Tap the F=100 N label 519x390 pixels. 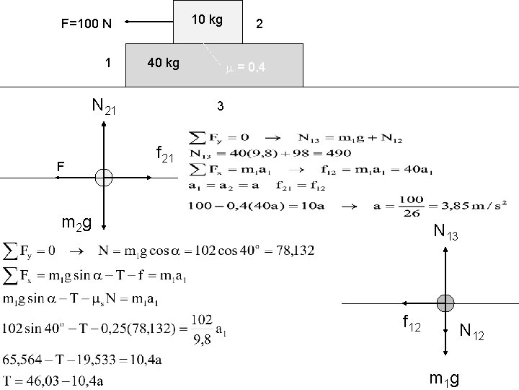click(x=86, y=24)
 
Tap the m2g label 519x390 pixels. click(x=76, y=223)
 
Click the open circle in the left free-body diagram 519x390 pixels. click(x=104, y=177)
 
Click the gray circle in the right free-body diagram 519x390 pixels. click(x=445, y=303)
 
